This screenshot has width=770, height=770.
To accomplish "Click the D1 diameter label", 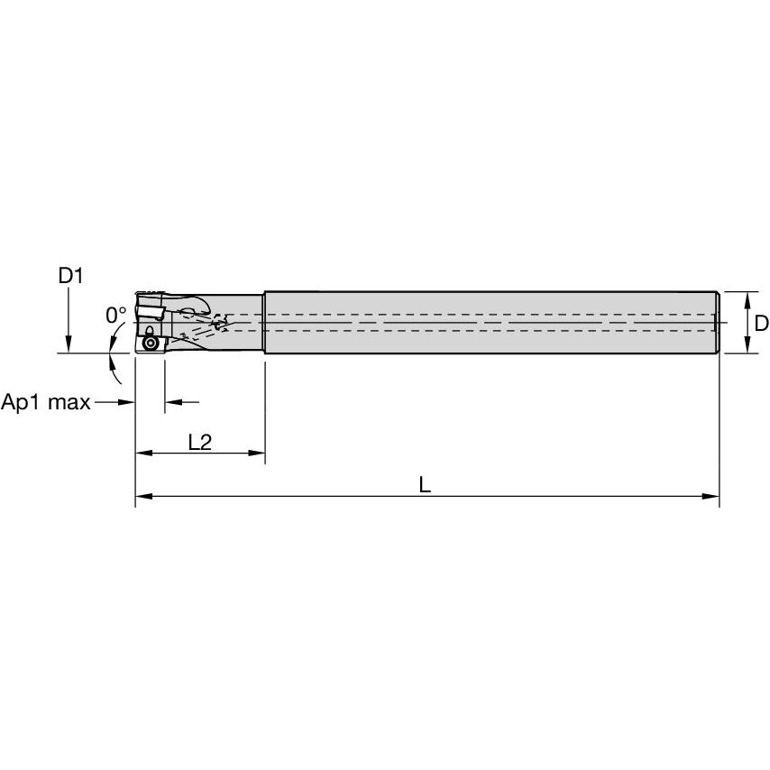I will click(x=70, y=276).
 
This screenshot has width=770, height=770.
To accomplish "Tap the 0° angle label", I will click(x=115, y=315).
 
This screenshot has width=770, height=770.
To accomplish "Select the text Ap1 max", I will click(x=46, y=402).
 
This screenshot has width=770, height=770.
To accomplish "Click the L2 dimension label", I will click(x=200, y=442).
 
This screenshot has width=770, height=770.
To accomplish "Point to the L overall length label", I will click(x=425, y=484).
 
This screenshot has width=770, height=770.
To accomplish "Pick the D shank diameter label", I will click(x=761, y=323).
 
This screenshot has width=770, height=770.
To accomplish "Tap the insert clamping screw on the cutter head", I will click(x=149, y=344).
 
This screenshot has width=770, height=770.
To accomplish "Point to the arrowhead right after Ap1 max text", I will click(x=128, y=402).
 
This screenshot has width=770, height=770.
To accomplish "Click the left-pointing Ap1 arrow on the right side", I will click(x=172, y=402).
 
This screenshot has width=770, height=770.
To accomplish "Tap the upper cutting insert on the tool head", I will click(x=151, y=313).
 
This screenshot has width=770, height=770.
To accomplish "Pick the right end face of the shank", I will click(x=718, y=323).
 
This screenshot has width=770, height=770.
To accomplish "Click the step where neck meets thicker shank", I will click(x=263, y=323).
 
